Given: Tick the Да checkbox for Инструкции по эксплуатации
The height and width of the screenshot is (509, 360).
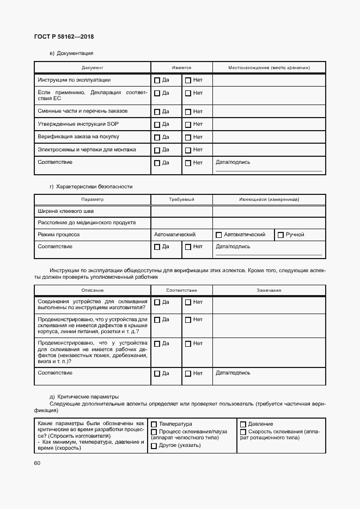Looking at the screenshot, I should pyautogui.click(x=157, y=81).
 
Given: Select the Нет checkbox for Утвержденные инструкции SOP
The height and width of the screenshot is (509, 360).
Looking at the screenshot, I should pyautogui.click(x=188, y=124).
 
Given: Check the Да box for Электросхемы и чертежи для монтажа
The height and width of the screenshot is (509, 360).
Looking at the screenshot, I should pyautogui.click(x=157, y=150).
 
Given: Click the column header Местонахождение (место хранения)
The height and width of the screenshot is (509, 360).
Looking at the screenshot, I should pyautogui.click(x=269, y=68).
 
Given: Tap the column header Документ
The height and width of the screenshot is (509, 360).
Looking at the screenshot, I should pyautogui.click(x=92, y=68).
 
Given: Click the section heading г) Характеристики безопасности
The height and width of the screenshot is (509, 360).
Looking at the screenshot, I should pyautogui.click(x=91, y=187).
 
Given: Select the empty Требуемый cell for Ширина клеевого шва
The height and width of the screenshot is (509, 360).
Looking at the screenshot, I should pyautogui.click(x=181, y=211).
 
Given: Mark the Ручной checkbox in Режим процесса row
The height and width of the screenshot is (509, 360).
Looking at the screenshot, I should pyautogui.click(x=280, y=235).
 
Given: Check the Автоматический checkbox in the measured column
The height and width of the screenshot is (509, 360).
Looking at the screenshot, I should pyautogui.click(x=219, y=235).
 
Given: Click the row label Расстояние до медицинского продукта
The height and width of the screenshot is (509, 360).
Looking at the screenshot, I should pyautogui.click(x=87, y=223).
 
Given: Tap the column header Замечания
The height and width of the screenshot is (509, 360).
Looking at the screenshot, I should pyautogui.click(x=269, y=290).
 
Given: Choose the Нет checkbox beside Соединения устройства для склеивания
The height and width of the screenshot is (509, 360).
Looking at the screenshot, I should pyautogui.click(x=188, y=303).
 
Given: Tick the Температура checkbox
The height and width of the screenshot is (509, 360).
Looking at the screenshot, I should pyautogui.click(x=154, y=425).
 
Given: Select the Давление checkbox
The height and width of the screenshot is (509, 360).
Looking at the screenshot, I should pyautogui.click(x=243, y=425).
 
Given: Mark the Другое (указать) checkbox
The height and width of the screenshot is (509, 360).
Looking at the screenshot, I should pyautogui.click(x=154, y=446).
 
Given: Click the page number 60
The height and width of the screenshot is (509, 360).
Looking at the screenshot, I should pyautogui.click(x=37, y=463).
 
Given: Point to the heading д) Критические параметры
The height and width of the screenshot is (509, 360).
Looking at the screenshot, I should pyautogui.click(x=84, y=396).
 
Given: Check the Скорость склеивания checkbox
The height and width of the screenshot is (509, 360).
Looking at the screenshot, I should pyautogui.click(x=243, y=432).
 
